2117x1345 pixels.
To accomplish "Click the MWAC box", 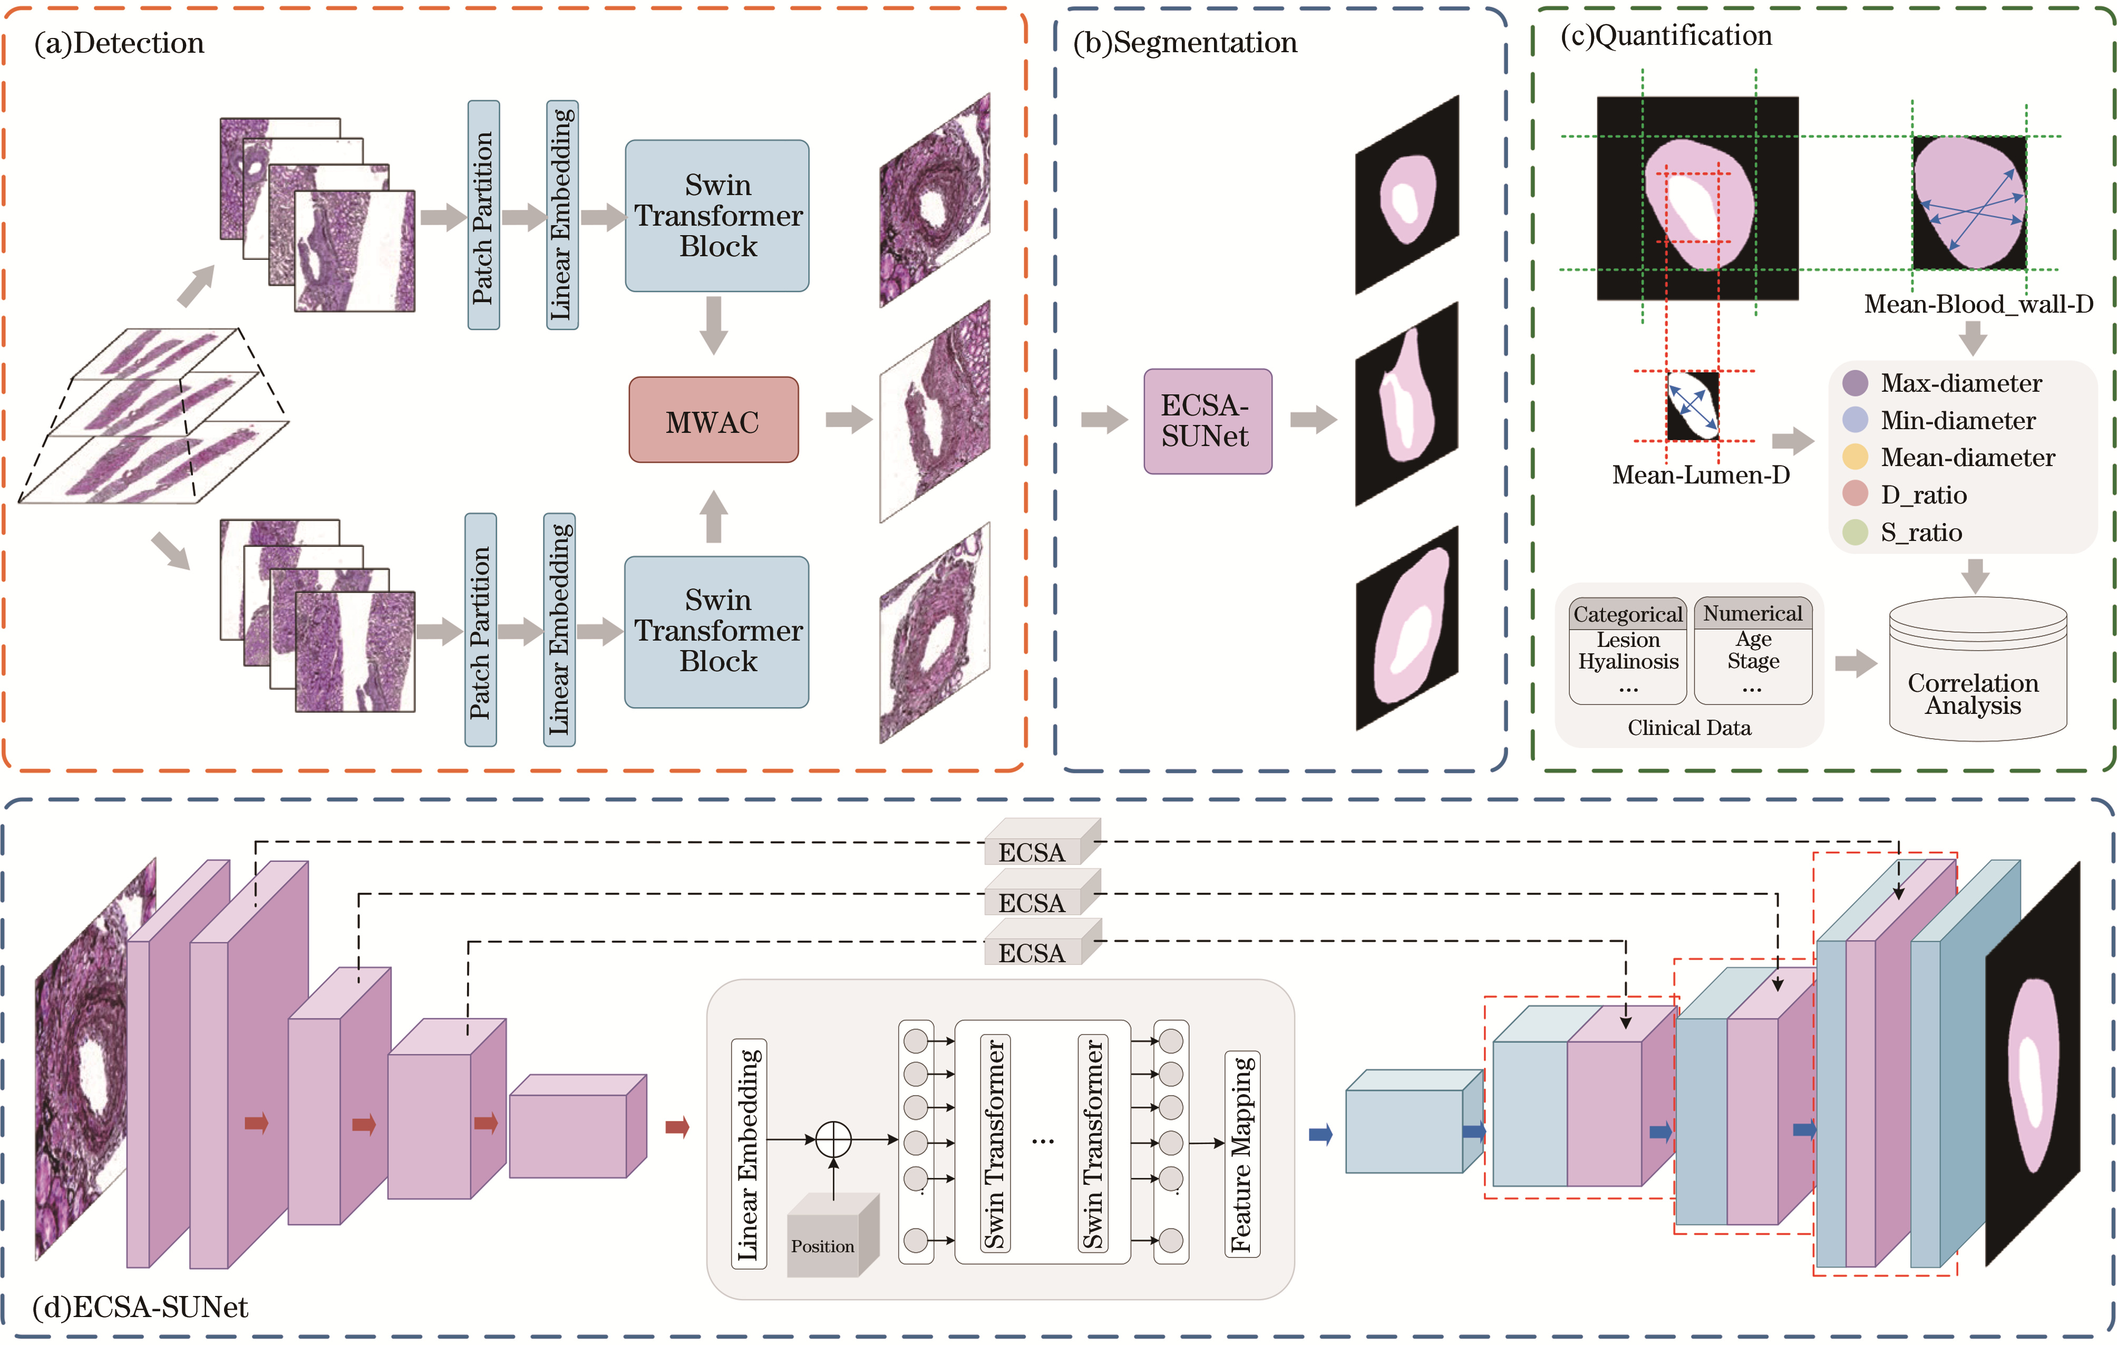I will pyautogui.click(x=713, y=420).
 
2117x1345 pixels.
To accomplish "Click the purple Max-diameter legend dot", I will pyautogui.click(x=1855, y=383).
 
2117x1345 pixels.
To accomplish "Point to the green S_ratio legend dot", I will pyautogui.click(x=1855, y=532).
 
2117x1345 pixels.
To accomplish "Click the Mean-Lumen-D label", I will pyautogui.click(x=1700, y=476).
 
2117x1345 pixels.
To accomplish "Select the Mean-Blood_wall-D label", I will pyautogui.click(x=1978, y=304).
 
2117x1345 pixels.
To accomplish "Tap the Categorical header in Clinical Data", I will pyautogui.click(x=1627, y=614).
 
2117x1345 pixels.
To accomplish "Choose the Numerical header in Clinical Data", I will pyautogui.click(x=1752, y=613).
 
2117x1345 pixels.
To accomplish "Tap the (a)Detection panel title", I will pyautogui.click(x=119, y=43).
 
